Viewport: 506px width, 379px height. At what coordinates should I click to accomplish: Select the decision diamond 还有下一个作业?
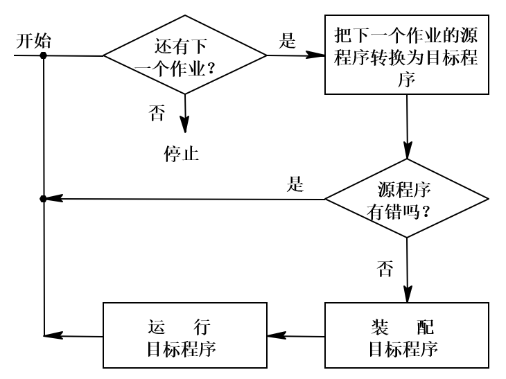tap(185, 55)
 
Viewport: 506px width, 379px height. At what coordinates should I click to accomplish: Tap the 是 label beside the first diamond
tap(287, 39)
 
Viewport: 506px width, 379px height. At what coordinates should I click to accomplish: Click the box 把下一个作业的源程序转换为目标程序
tap(407, 56)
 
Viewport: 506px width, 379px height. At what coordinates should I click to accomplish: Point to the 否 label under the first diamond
tap(157, 112)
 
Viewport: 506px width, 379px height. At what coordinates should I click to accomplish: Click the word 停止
tap(182, 153)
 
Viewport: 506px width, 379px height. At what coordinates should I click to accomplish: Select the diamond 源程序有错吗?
tap(406, 200)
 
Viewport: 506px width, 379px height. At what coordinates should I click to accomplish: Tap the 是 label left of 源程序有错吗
tap(296, 184)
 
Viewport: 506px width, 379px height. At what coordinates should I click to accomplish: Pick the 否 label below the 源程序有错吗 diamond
tap(385, 267)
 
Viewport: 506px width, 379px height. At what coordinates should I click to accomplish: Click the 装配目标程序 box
tap(407, 335)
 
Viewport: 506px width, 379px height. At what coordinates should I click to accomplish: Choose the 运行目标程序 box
tap(185, 335)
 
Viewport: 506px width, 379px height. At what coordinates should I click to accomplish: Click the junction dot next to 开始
tap(44, 55)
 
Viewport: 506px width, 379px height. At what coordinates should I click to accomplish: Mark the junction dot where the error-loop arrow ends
tap(44, 199)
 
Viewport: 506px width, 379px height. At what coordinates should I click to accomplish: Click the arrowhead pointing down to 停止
tap(185, 125)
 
